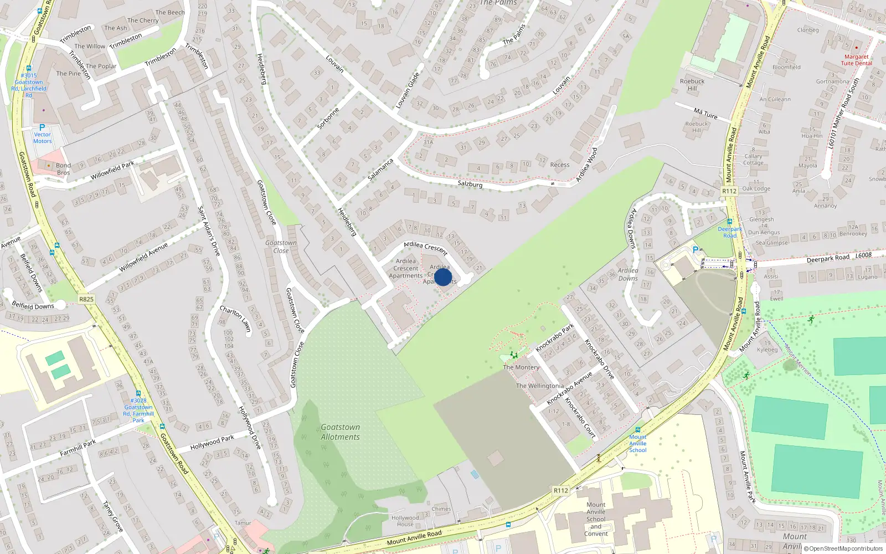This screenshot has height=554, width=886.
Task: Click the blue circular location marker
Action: click(443, 277)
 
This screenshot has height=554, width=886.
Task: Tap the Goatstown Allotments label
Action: click(340, 432)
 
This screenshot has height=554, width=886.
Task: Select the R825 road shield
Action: click(86, 299)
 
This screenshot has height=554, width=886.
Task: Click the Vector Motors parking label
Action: click(42, 137)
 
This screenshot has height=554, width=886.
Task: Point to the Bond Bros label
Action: click(63, 169)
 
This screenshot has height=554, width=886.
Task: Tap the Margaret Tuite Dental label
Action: click(856, 60)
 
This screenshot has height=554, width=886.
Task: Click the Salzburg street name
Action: click(470, 184)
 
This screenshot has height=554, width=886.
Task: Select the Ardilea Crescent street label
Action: click(425, 248)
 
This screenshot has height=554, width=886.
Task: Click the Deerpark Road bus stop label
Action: click(730, 232)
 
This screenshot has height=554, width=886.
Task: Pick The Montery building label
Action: click(521, 367)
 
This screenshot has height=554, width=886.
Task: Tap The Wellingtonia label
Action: click(540, 386)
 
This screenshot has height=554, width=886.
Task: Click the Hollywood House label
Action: click(405, 521)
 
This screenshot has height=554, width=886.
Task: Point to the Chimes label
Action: click(441, 509)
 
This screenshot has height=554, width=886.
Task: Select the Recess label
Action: click(560, 165)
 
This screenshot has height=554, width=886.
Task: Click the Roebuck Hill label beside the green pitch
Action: click(692, 85)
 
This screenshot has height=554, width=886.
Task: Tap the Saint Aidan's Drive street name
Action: click(209, 231)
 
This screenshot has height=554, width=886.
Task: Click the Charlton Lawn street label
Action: click(235, 319)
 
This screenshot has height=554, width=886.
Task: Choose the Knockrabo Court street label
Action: click(580, 418)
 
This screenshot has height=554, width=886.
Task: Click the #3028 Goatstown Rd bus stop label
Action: click(138, 410)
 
